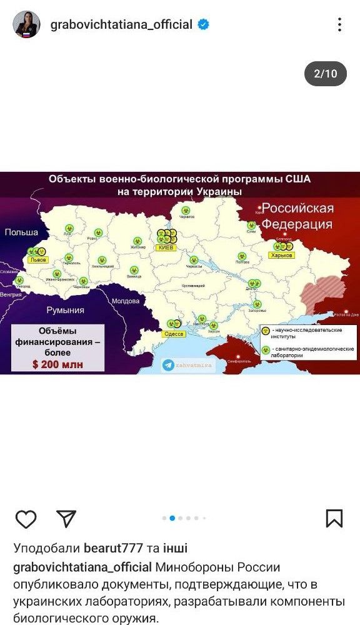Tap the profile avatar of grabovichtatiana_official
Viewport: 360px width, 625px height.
click(x=27, y=24)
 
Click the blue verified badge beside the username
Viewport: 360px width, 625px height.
click(x=204, y=25)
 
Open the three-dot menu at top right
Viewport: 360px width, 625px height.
click(x=339, y=25)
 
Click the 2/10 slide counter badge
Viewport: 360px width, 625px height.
click(x=325, y=74)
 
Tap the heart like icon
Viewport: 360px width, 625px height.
click(x=26, y=518)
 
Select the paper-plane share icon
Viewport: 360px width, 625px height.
click(x=66, y=518)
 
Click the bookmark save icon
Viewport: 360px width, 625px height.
click(x=334, y=518)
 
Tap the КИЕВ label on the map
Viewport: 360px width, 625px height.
click(x=165, y=247)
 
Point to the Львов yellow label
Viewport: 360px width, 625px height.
click(x=39, y=259)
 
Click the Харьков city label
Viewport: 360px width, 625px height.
click(x=281, y=255)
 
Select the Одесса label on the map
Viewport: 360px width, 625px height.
click(x=174, y=334)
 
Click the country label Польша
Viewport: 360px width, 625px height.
click(x=21, y=232)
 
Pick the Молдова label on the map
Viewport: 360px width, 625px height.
click(x=125, y=301)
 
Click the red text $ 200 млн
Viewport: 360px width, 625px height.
click(x=57, y=364)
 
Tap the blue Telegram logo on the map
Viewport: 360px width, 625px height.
click(x=169, y=365)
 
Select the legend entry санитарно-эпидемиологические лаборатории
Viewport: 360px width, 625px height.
click(x=313, y=351)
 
